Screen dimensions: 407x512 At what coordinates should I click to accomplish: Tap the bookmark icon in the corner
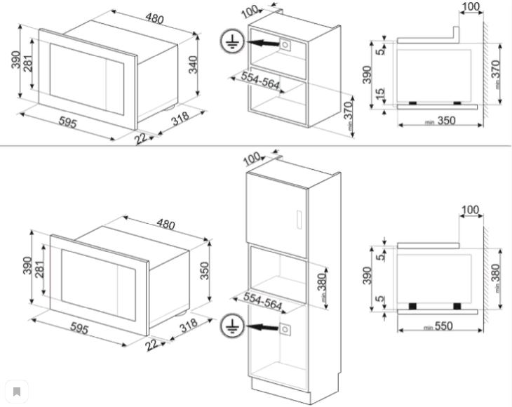pos(16,391)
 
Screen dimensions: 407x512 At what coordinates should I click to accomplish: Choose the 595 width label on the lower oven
pos(77,330)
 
